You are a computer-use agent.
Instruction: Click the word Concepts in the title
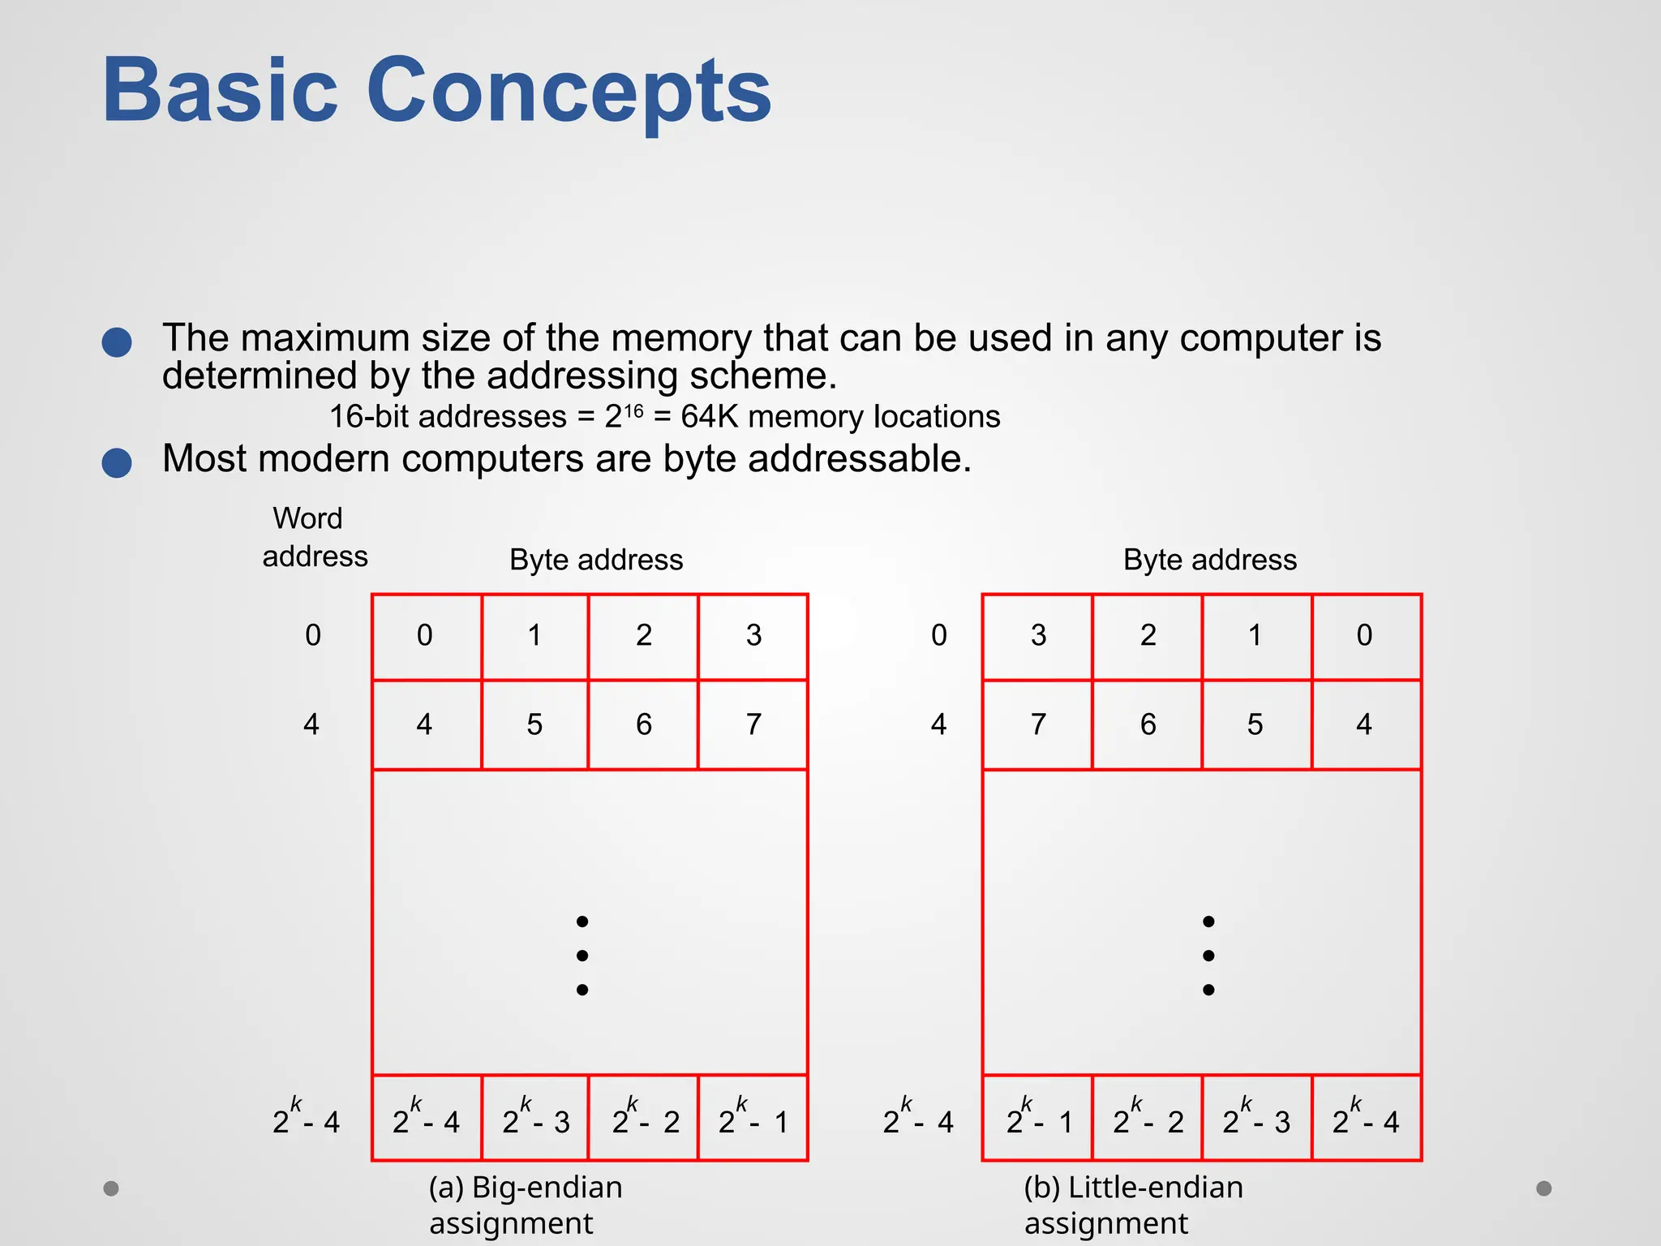pyautogui.click(x=569, y=90)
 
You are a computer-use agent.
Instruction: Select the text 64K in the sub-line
pyautogui.click(x=709, y=417)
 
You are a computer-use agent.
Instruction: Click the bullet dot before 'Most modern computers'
pyautogui.click(x=117, y=462)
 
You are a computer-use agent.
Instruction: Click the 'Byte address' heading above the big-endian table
pyautogui.click(x=596, y=560)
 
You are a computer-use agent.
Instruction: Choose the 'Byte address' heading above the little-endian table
pyautogui.click(x=1209, y=560)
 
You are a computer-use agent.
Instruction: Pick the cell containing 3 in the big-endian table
pyautogui.click(x=753, y=636)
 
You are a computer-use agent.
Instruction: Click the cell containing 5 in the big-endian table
pyautogui.click(x=534, y=724)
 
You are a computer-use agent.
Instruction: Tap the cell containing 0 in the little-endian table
pyautogui.click(x=1365, y=636)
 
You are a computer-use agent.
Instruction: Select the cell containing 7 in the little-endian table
pyautogui.click(x=1038, y=724)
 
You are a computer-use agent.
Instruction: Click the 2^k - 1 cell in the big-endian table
pyautogui.click(x=753, y=1118)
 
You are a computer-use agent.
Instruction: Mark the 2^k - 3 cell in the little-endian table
pyautogui.click(x=1256, y=1118)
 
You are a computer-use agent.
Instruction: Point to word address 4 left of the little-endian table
pyautogui.click(x=938, y=724)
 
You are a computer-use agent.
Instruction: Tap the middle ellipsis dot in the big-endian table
pyautogui.click(x=582, y=956)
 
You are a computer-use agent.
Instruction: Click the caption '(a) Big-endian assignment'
pyautogui.click(x=526, y=1205)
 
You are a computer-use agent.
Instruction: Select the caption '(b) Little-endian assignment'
pyautogui.click(x=1133, y=1205)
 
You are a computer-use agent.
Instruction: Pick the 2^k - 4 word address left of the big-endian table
pyautogui.click(x=306, y=1118)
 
